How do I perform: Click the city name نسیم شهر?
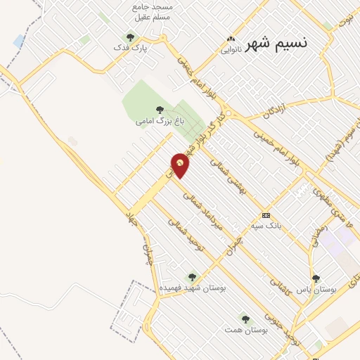[x=277, y=42]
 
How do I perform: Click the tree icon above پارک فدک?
[x=129, y=37]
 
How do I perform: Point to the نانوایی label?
[x=231, y=50]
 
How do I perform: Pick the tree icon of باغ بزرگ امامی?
[x=161, y=109]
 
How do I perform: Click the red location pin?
[x=180, y=166]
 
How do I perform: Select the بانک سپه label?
[x=266, y=226]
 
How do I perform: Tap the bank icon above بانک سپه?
[x=266, y=215]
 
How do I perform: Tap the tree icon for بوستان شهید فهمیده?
[x=192, y=277]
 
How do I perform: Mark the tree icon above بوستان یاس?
[x=316, y=278]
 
